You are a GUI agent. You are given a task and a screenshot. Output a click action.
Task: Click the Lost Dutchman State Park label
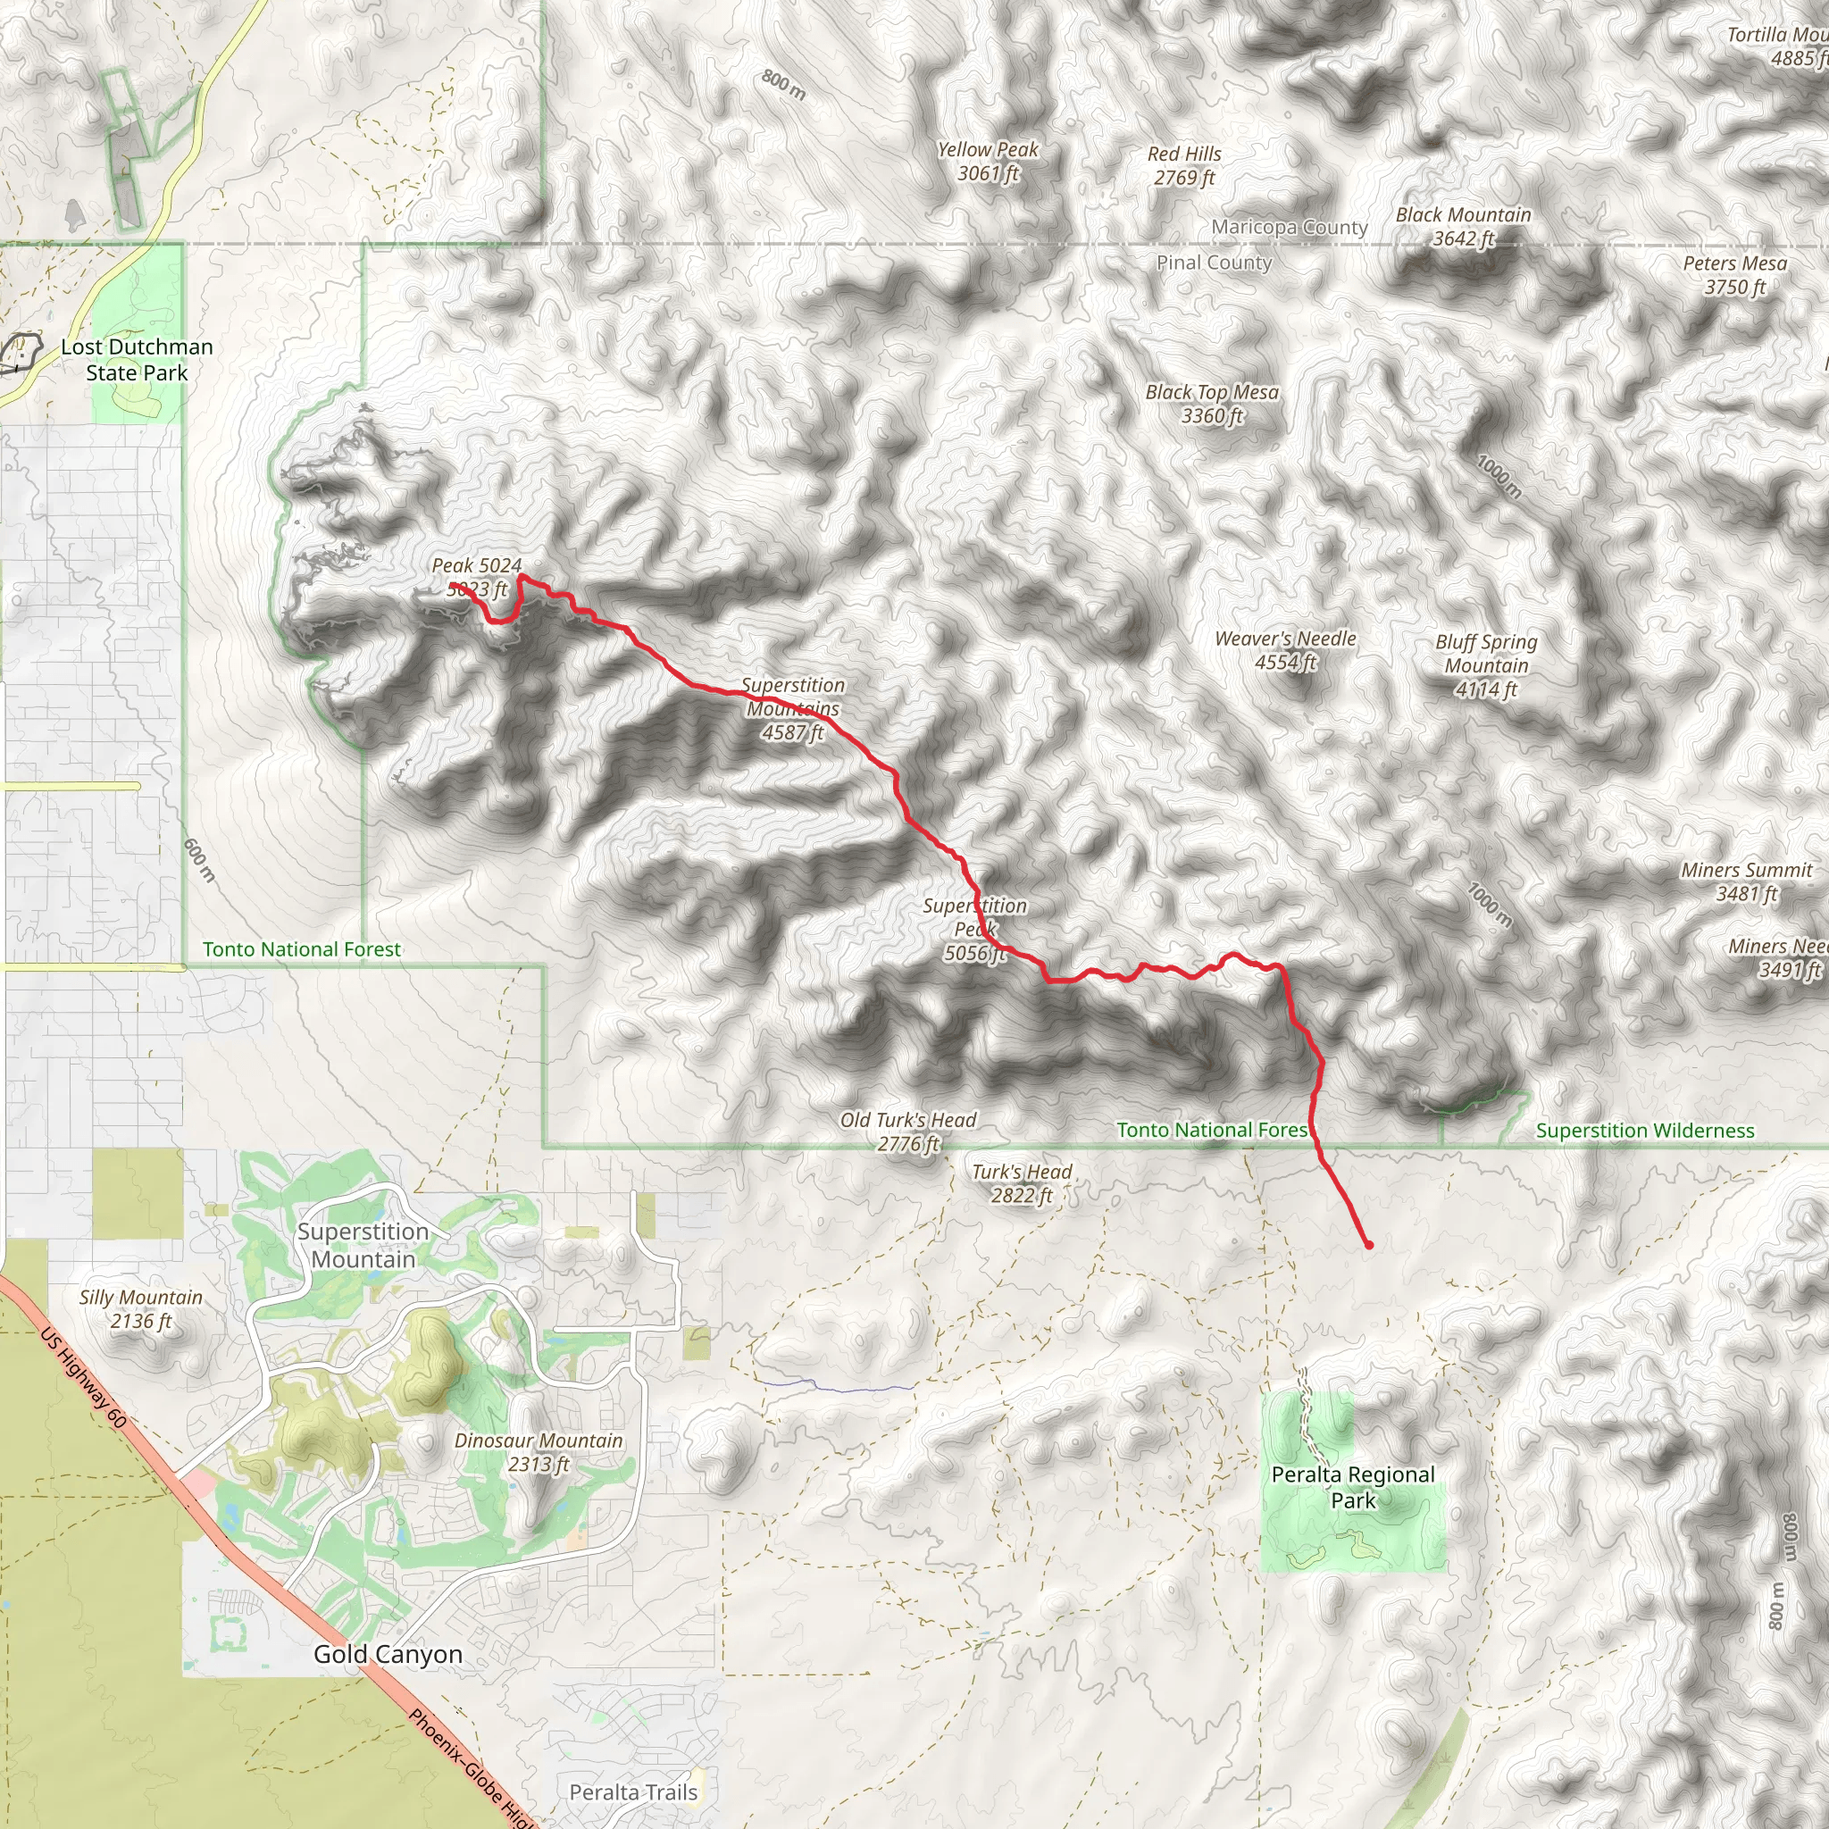(x=138, y=360)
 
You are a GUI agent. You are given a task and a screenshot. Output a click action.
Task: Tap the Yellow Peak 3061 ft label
(x=988, y=161)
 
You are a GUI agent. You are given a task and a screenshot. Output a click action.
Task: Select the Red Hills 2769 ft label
(x=1184, y=166)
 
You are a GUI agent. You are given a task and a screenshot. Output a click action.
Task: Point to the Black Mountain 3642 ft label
(x=1463, y=227)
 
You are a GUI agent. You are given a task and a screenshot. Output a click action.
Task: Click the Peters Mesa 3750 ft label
(x=1734, y=275)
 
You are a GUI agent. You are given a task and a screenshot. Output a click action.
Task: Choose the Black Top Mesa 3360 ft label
(x=1212, y=404)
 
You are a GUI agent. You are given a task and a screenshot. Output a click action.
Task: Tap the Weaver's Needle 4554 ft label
(x=1286, y=650)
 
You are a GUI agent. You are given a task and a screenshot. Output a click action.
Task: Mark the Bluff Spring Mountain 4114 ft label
(x=1486, y=665)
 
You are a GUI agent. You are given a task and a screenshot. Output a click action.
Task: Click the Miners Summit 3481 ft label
(x=1747, y=881)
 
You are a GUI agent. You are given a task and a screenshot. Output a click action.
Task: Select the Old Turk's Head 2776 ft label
(x=908, y=1132)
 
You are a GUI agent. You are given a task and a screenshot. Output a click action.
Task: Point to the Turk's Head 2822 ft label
(x=1022, y=1183)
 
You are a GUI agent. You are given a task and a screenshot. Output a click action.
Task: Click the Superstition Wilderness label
(x=1644, y=1131)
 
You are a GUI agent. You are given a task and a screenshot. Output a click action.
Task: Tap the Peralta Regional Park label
(x=1353, y=1487)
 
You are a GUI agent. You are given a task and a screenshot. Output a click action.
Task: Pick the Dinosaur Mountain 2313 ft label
(x=539, y=1452)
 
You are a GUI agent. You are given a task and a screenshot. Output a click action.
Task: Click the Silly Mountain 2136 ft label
(x=141, y=1309)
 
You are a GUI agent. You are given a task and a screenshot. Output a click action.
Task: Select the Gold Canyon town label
(x=388, y=1655)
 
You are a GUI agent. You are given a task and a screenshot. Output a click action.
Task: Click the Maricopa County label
(x=1290, y=227)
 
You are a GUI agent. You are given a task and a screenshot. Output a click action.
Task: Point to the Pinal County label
(x=1215, y=263)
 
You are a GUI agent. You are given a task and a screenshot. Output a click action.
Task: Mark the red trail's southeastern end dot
(x=1369, y=1245)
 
